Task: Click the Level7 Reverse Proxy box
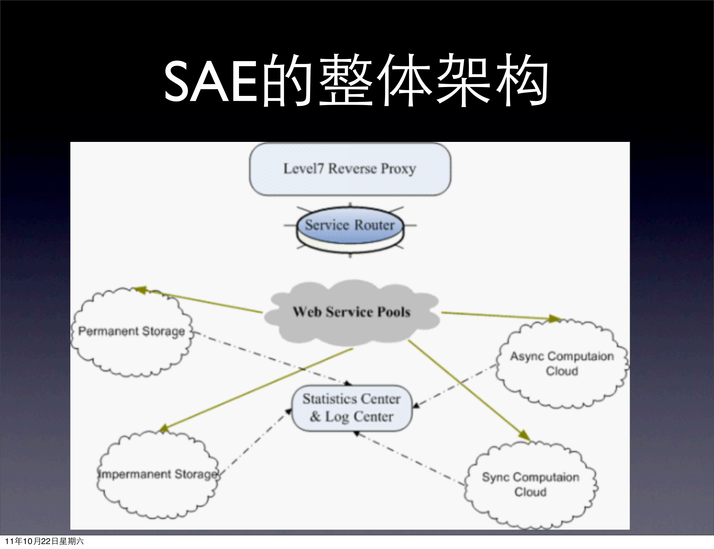350,169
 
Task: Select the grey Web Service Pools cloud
352,312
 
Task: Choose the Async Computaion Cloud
562,363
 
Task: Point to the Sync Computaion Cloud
530,484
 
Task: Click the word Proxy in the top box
398,169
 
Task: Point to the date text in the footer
44,541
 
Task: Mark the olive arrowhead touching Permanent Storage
140,290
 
